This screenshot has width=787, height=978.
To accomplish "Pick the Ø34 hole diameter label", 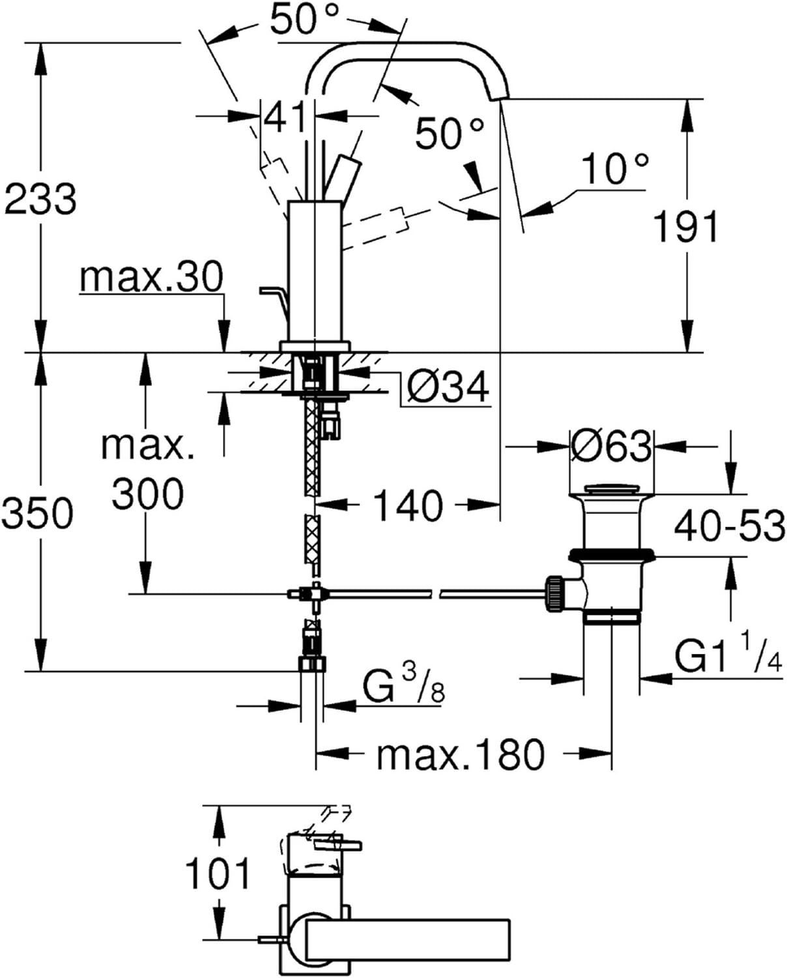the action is click(448, 387).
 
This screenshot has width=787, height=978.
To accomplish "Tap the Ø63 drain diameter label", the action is click(611, 447).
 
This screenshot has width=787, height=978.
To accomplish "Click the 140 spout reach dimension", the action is click(407, 505).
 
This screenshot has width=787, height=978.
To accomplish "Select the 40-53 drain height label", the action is click(729, 526).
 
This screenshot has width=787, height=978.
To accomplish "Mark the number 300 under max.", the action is click(148, 494).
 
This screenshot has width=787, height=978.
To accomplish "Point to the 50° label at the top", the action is click(304, 19).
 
